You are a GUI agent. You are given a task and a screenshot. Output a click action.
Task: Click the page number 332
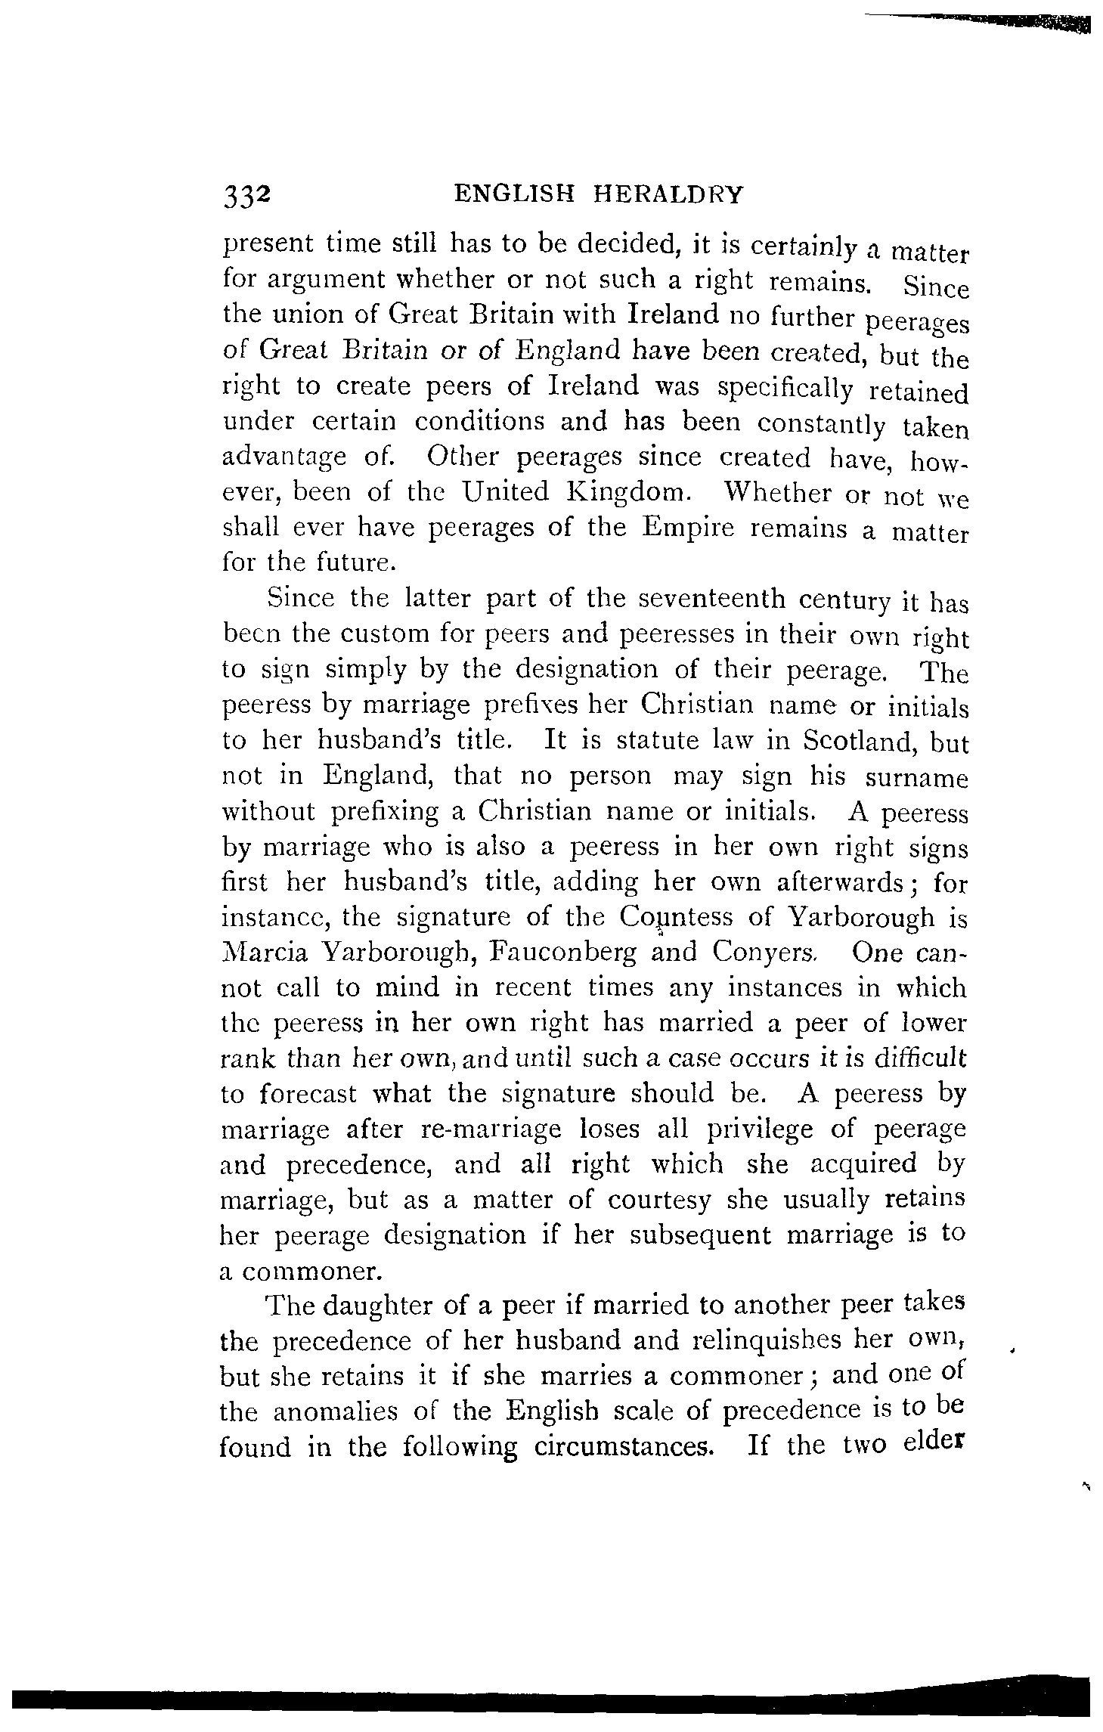tap(246, 195)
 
